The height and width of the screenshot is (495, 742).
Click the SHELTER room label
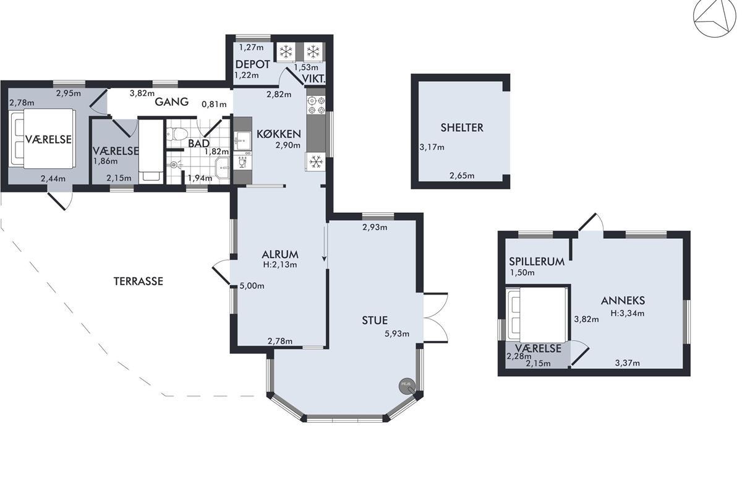(462, 127)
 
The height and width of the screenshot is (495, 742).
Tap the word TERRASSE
(139, 282)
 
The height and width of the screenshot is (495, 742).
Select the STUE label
(375, 321)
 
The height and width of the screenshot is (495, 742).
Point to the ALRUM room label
(280, 255)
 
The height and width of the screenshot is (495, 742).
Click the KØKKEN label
(279, 134)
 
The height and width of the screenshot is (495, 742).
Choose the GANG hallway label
(172, 102)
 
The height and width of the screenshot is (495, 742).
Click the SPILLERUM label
(537, 262)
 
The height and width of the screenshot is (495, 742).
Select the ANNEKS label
(623, 301)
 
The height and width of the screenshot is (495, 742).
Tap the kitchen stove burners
(316, 105)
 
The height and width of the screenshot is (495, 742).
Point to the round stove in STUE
(406, 385)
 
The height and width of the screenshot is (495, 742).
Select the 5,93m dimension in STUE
(397, 334)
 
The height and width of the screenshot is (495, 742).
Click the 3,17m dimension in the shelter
(432, 147)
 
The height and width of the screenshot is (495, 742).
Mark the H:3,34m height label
(628, 313)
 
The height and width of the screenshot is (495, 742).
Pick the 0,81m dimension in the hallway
(215, 105)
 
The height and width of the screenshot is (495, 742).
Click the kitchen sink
(243, 140)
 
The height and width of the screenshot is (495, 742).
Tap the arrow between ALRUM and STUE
(324, 244)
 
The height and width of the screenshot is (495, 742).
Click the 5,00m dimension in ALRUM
(252, 286)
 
